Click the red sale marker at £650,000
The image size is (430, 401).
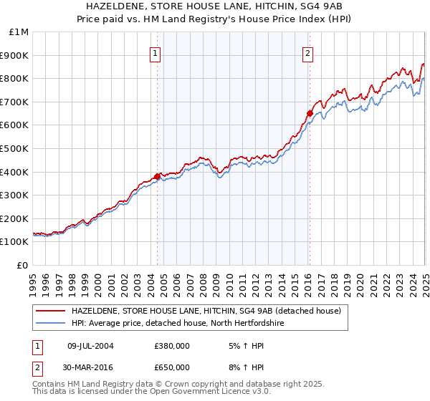[x=310, y=113]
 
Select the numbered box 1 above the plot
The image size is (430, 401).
[x=155, y=52]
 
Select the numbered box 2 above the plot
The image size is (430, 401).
[x=307, y=52]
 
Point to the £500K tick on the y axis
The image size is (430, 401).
[x=15, y=148]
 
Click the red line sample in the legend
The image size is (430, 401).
[x=50, y=311]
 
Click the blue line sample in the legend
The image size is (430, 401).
[x=50, y=323]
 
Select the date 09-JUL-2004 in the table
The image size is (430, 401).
[x=90, y=346]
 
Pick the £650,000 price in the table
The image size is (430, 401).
[x=172, y=367]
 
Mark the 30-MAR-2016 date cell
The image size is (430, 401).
[x=90, y=367]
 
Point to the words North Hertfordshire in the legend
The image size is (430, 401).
[x=250, y=323]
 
